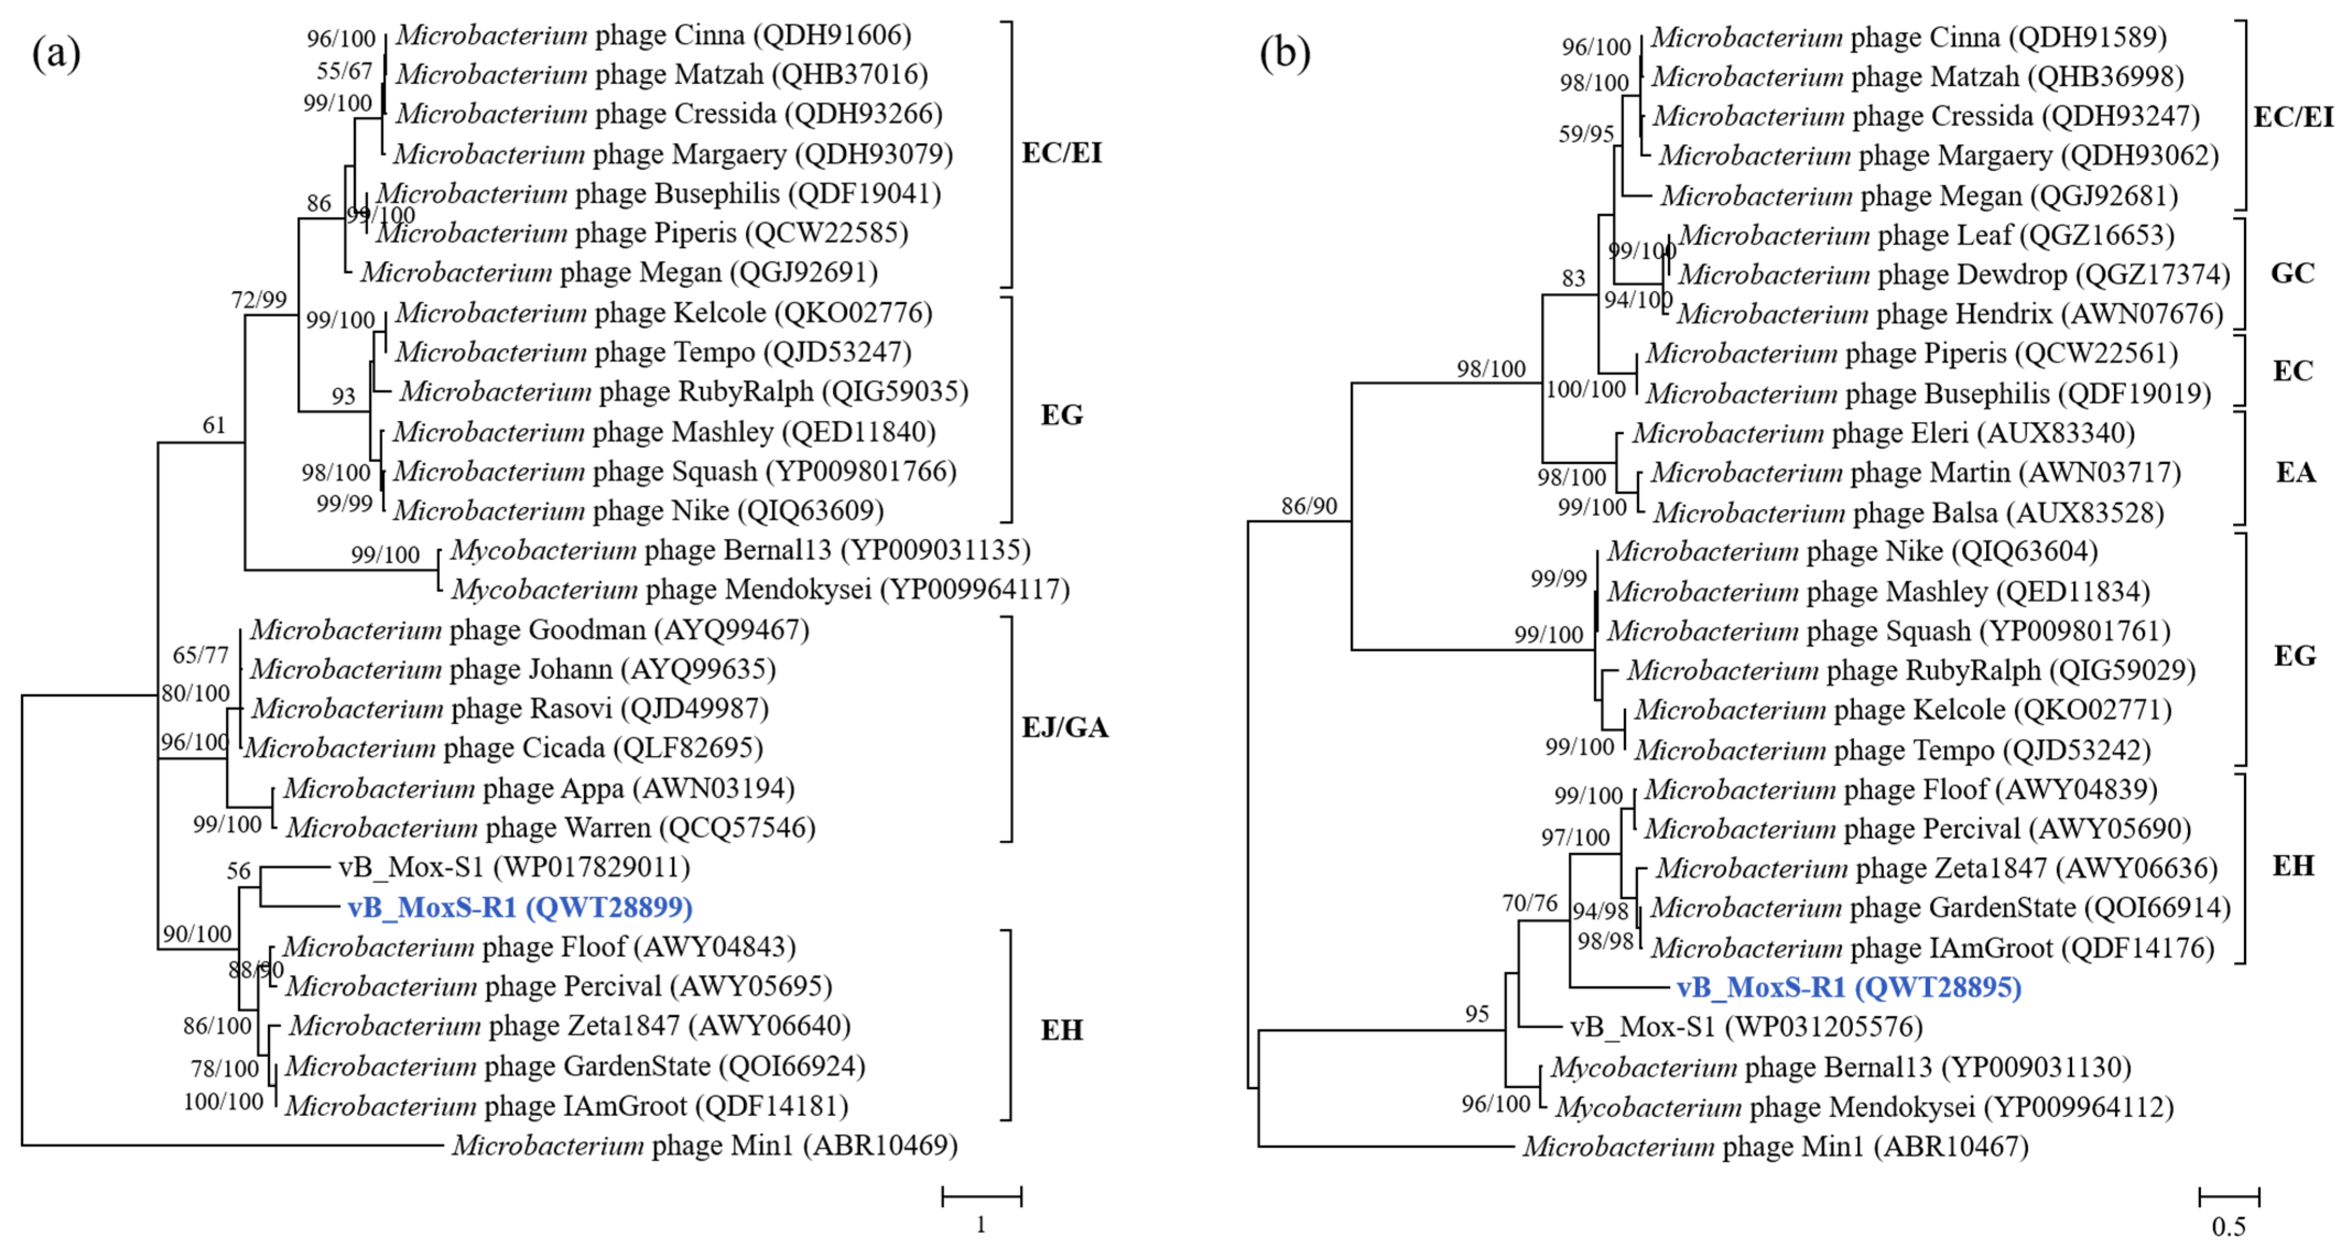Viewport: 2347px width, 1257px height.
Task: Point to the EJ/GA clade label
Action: point(1064,728)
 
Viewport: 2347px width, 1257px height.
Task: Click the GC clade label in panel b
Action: point(2292,273)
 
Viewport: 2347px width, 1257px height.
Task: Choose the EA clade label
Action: point(2294,472)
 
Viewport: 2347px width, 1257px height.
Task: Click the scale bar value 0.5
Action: point(2229,1227)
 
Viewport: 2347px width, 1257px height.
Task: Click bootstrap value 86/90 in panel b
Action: point(1310,506)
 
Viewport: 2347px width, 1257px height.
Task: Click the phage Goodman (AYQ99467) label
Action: point(529,630)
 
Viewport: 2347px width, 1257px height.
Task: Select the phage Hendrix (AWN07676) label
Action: point(1950,313)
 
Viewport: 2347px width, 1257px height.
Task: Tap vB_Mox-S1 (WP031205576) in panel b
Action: point(1746,1027)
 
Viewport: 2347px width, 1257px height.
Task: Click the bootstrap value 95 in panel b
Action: point(1477,1014)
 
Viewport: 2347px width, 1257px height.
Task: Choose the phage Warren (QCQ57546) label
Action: point(550,828)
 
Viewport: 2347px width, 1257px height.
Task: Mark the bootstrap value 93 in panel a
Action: point(344,395)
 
